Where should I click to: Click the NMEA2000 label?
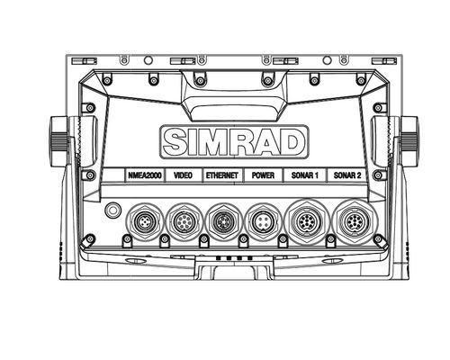click(x=145, y=175)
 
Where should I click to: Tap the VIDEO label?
click(x=183, y=175)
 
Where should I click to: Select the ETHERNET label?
click(x=222, y=175)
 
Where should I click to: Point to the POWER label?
click(x=263, y=175)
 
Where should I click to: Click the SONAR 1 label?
click(x=305, y=175)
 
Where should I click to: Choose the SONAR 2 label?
click(x=347, y=175)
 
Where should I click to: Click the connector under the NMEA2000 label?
click(x=145, y=222)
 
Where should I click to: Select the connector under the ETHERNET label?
click(x=223, y=222)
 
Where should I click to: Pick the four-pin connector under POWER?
click(x=263, y=222)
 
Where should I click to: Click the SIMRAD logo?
click(x=235, y=142)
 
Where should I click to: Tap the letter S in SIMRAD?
click(x=175, y=142)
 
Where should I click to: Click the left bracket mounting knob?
click(x=59, y=141)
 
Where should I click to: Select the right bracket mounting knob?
click(x=409, y=141)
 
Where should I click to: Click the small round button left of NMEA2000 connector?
click(x=112, y=210)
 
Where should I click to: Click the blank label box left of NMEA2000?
click(x=113, y=175)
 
